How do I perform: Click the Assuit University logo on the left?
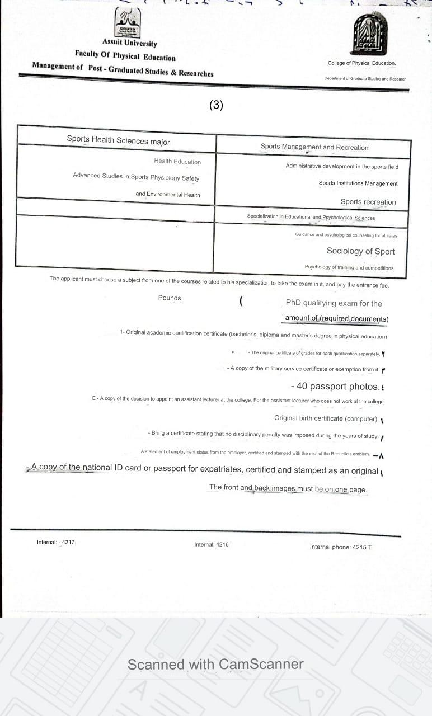click(128, 23)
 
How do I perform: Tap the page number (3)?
click(216, 105)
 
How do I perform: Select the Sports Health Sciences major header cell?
click(118, 140)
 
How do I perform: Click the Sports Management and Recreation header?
click(314, 147)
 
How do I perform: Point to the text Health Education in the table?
click(177, 162)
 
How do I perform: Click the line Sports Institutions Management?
click(358, 183)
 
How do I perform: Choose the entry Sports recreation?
click(368, 202)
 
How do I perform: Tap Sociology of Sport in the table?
click(360, 251)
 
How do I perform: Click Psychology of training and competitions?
click(349, 267)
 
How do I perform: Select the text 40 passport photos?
click(335, 386)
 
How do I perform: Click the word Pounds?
click(170, 298)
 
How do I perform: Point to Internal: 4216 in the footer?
click(212, 544)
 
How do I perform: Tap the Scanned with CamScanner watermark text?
click(215, 664)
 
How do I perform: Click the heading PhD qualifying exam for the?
click(334, 303)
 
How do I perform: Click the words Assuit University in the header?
click(129, 43)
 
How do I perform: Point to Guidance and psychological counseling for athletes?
click(346, 235)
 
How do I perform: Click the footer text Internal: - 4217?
click(56, 542)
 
